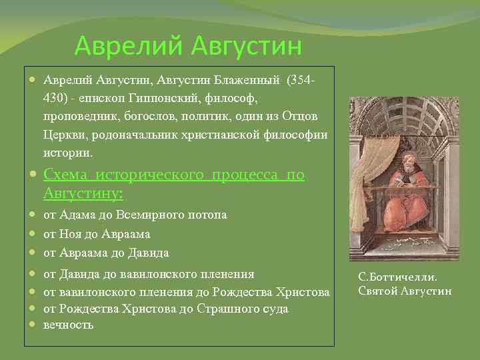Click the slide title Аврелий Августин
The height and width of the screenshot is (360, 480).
pos(188,46)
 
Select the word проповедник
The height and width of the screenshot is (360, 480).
pos(81,117)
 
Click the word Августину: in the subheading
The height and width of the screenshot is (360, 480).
pos(83,193)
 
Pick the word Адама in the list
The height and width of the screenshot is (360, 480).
pos(81,215)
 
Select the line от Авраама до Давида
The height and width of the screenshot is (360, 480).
pos(106,253)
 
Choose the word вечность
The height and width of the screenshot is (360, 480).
pos(69,325)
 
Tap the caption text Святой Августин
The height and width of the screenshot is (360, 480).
pos(405,291)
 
